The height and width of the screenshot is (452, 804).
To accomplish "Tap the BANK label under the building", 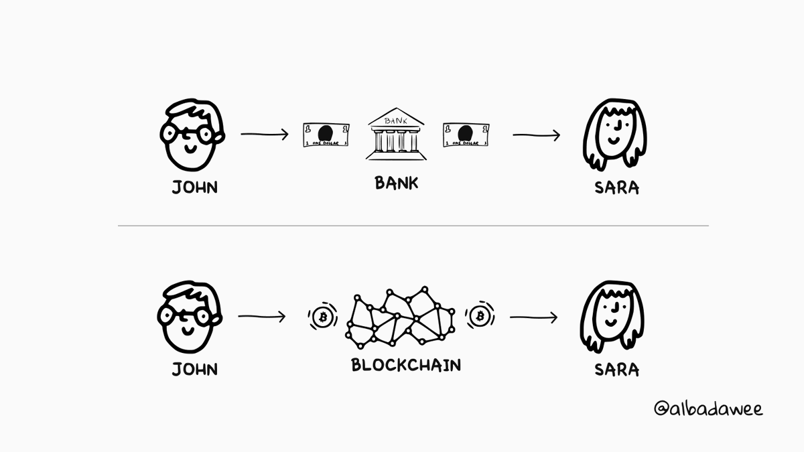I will tap(396, 182).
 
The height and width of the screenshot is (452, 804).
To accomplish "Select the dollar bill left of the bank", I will tap(326, 135).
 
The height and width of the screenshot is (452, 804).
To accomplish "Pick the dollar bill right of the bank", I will tap(466, 135).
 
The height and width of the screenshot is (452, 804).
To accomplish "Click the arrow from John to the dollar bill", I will tap(264, 135).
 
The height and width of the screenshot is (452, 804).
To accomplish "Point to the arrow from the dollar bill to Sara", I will tap(536, 135).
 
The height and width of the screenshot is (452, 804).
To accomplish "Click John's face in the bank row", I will tap(191, 135).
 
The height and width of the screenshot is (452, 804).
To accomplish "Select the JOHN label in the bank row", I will tap(195, 187).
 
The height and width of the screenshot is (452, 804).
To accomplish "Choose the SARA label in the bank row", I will tap(616, 187).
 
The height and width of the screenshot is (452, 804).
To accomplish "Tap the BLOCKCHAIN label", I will tap(406, 366).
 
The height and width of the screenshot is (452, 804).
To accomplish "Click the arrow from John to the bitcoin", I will tap(261, 316).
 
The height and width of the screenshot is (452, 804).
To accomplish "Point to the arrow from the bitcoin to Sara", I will tap(533, 317).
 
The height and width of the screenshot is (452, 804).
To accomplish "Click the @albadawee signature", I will tap(708, 408).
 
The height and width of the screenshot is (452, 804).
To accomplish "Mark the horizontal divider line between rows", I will tap(413, 226).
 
